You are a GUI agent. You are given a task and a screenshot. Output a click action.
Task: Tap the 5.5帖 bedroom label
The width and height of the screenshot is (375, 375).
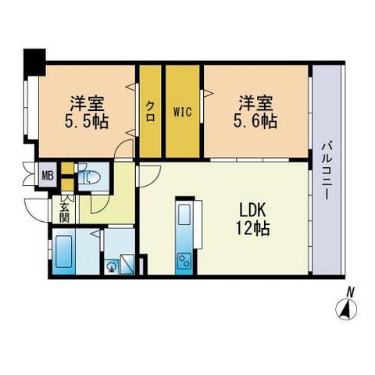[87, 112]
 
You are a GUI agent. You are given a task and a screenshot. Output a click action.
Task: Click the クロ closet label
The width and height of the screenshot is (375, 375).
[150, 110]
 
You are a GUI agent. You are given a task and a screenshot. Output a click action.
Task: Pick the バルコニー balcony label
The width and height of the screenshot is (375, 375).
[327, 169]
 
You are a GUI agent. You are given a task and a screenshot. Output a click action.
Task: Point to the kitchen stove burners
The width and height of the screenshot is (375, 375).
[185, 259]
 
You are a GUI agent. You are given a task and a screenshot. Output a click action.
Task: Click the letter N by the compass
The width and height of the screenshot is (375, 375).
[352, 293]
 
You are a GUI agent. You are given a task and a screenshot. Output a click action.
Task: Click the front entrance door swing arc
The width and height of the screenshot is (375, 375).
[37, 209]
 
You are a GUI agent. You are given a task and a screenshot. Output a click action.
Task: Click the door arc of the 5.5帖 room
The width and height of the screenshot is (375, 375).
[124, 148]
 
